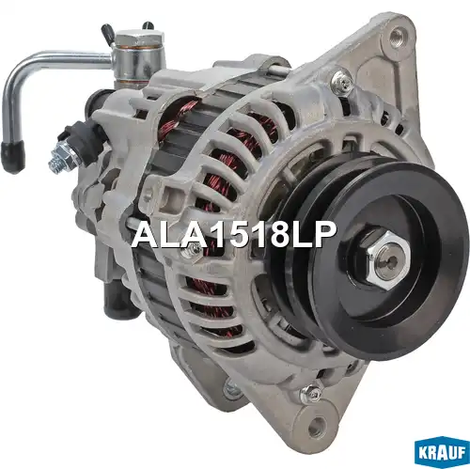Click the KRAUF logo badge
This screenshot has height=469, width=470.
[x=442, y=452]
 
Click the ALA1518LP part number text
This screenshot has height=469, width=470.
[x=234, y=235]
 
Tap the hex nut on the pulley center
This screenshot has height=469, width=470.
[x=388, y=259]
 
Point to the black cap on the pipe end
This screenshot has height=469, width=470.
[x=13, y=156]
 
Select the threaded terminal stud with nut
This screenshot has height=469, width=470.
[x=63, y=157]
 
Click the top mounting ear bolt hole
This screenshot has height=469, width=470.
[x=398, y=36]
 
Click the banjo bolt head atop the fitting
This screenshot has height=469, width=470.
[x=140, y=39]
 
